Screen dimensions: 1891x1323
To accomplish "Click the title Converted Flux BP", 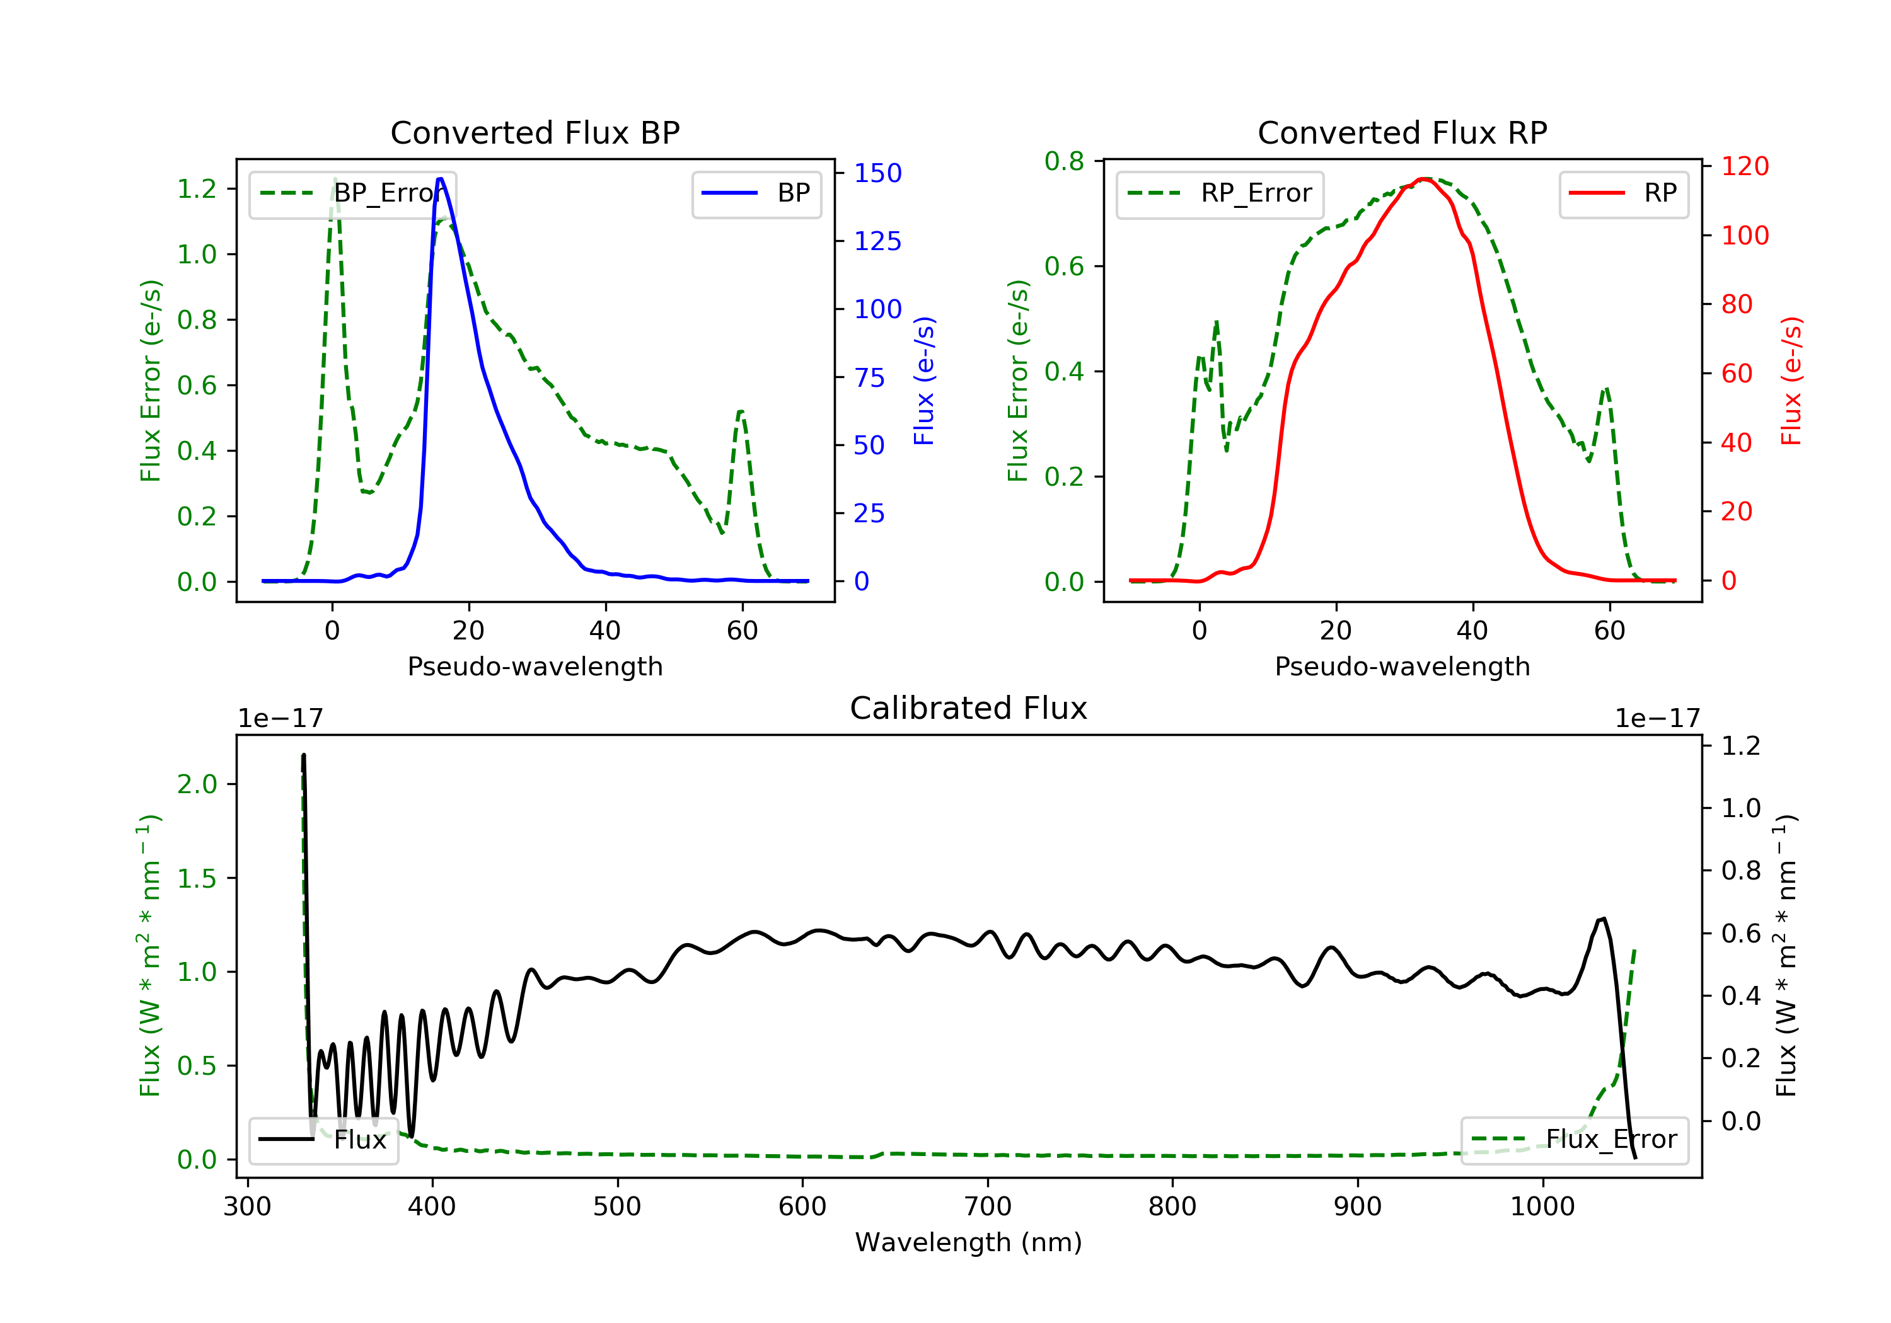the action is pyautogui.click(x=535, y=132).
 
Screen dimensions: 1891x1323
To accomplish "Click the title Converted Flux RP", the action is pyautogui.click(x=1402, y=132).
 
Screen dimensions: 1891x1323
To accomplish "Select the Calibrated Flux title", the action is pyautogui.click(x=969, y=708).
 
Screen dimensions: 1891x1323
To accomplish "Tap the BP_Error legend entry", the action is pyautogui.click(x=352, y=193).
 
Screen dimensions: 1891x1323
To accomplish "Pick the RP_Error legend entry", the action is pyautogui.click(x=1220, y=193).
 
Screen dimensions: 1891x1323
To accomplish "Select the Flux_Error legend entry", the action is pyautogui.click(x=1574, y=1140).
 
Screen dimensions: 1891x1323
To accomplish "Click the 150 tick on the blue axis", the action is pyautogui.click(x=878, y=173).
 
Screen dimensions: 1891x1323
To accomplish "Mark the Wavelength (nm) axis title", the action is pyautogui.click(x=969, y=1242).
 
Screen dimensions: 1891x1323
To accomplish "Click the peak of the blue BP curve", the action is pyautogui.click(x=441, y=179).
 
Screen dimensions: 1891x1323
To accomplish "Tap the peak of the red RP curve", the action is pyautogui.click(x=1425, y=179).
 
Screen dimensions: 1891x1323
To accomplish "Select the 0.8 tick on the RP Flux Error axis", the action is pyautogui.click(x=1064, y=161).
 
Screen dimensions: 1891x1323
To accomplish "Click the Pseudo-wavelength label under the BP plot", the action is pyautogui.click(x=535, y=667).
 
